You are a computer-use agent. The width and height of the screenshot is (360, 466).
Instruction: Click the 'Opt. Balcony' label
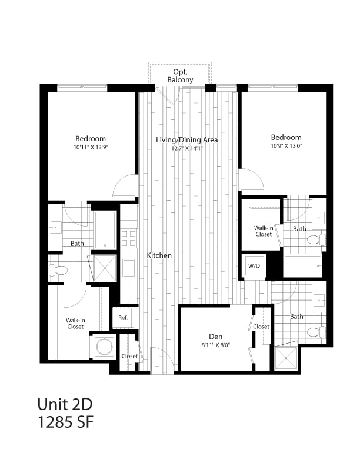click(x=180, y=75)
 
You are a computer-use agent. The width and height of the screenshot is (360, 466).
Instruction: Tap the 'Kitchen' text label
click(x=159, y=255)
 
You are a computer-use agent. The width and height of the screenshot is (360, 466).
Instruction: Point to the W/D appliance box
click(x=254, y=266)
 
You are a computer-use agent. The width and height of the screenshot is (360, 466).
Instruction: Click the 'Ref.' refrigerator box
click(x=123, y=318)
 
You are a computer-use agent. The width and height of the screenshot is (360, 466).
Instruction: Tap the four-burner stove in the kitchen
click(x=129, y=238)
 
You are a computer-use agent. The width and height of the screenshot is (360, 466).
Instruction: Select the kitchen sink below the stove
click(x=129, y=268)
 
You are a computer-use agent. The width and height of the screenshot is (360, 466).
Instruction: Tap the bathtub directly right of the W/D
click(x=303, y=265)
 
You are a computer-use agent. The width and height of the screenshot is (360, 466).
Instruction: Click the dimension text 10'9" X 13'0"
click(x=286, y=145)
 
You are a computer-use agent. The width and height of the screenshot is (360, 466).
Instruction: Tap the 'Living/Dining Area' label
click(x=187, y=140)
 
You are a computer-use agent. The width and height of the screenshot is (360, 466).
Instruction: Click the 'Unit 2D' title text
click(x=65, y=404)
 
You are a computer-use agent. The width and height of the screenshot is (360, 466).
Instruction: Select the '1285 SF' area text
click(x=65, y=422)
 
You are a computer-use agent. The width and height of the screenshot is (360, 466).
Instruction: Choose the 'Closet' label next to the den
click(x=261, y=327)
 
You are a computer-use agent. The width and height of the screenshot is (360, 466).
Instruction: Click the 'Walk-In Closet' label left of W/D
click(x=263, y=231)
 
